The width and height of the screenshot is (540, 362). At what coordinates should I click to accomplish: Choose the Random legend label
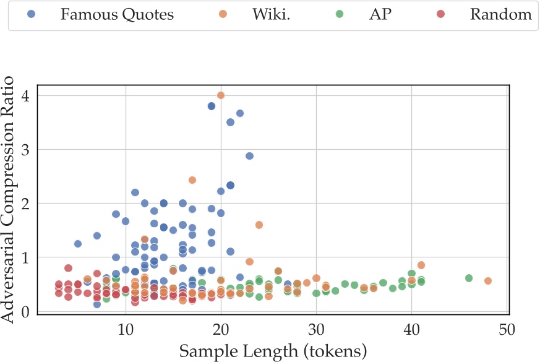pyautogui.click(x=501, y=15)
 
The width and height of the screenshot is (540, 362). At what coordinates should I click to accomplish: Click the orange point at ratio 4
pyautogui.click(x=221, y=95)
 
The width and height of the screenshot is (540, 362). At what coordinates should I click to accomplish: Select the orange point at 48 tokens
pyautogui.click(x=487, y=281)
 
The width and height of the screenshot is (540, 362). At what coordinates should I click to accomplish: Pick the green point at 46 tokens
pyautogui.click(x=469, y=278)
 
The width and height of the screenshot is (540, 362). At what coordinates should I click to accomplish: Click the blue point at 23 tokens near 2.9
pyautogui.click(x=249, y=156)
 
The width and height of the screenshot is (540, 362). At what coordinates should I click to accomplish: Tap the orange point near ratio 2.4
pyautogui.click(x=192, y=180)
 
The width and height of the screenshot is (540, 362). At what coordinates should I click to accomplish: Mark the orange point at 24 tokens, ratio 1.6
pyautogui.click(x=259, y=225)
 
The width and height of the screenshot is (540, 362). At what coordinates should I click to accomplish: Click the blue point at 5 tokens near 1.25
pyautogui.click(x=78, y=244)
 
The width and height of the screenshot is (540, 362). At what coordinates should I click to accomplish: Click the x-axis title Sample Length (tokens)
pyautogui.click(x=273, y=351)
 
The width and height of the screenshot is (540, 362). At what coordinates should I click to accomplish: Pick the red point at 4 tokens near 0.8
pyautogui.click(x=68, y=268)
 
